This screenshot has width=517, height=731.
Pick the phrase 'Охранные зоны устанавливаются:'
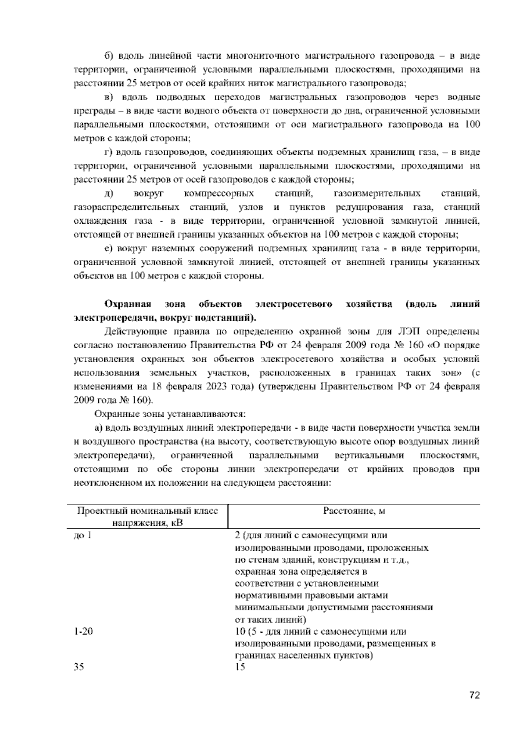pos(170,415)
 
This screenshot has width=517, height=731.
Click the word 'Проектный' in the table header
pos(97,511)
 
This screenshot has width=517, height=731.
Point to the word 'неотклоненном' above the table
pos(103,484)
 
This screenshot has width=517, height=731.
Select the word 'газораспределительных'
pos(126,207)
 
